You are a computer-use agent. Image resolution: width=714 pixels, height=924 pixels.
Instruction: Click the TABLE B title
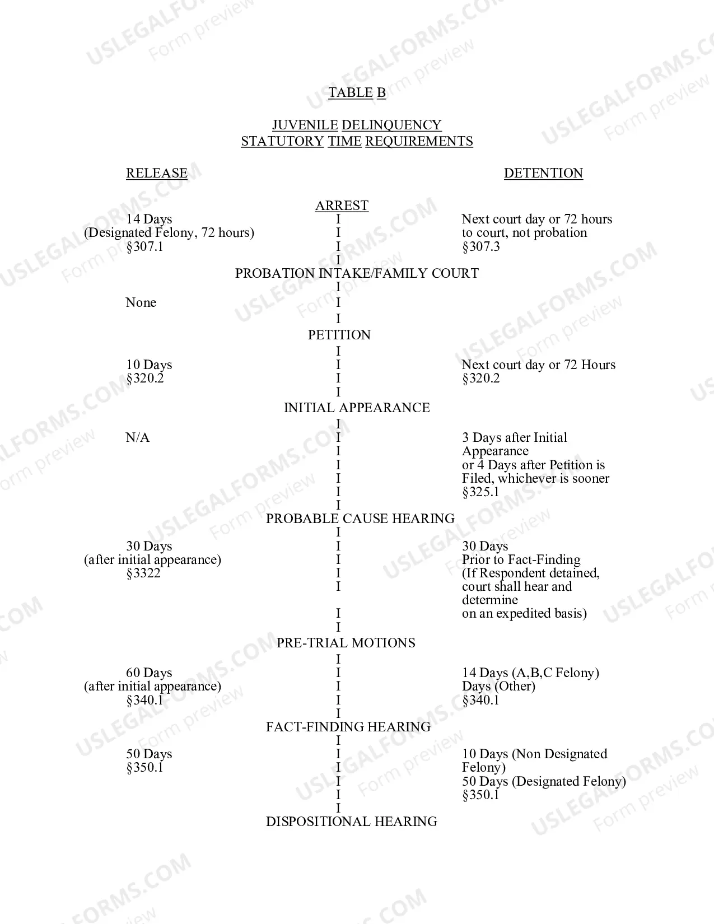(357, 92)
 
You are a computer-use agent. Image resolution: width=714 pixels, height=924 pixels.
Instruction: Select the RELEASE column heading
(156, 173)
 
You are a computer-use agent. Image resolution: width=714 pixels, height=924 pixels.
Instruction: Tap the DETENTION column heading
(543, 173)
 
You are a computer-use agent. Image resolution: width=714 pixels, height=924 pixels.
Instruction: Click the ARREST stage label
(342, 206)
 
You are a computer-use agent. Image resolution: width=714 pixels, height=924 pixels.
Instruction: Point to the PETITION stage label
(339, 335)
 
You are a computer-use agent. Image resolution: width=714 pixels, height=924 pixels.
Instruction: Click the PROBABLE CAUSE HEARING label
(360, 519)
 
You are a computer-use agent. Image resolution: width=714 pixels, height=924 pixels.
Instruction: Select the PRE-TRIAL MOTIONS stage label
(346, 642)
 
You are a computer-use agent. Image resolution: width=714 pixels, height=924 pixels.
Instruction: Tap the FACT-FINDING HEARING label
(348, 727)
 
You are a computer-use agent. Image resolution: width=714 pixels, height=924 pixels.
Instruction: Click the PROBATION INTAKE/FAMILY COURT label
(357, 273)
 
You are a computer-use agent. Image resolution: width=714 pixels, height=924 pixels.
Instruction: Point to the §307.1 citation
(144, 246)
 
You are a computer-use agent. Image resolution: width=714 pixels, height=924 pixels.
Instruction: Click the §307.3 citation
(481, 246)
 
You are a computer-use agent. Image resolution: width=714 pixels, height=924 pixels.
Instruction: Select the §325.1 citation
(480, 492)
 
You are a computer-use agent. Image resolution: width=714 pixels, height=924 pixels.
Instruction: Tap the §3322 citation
(143, 573)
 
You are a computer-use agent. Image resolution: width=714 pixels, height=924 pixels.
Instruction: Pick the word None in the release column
(141, 302)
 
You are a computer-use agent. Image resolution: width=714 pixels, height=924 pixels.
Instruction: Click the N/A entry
(137, 437)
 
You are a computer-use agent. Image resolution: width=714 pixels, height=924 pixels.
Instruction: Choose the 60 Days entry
(149, 672)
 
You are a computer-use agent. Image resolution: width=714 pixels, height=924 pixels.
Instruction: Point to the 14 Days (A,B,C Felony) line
(531, 673)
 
